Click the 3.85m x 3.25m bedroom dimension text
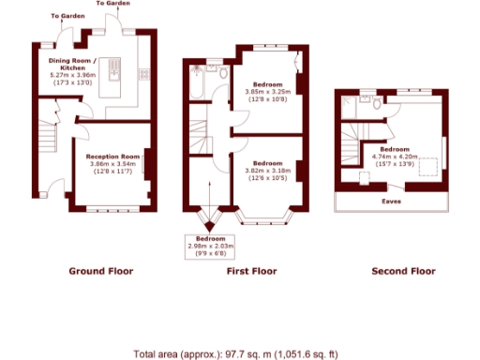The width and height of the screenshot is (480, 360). (268, 92)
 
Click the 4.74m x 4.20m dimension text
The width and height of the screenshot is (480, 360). (394, 156)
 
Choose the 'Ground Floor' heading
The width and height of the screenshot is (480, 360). (101, 271)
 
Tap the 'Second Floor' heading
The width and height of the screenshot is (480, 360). (404, 271)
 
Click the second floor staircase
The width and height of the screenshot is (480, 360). (354, 150)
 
